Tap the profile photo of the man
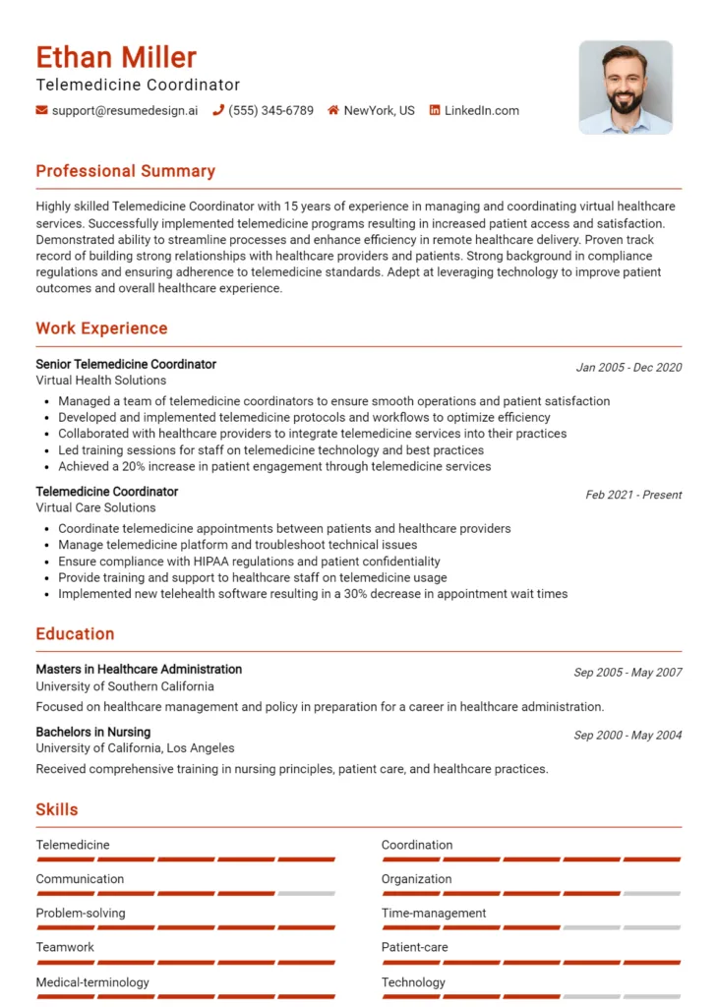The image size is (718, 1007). tap(625, 87)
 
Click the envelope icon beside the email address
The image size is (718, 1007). tap(41, 110)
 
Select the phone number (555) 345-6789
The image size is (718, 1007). tap(270, 110)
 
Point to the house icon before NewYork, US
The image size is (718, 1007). tap(333, 110)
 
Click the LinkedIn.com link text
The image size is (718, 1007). tap(481, 110)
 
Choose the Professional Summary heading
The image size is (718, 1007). tap(125, 171)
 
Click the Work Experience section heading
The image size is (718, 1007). tap(101, 328)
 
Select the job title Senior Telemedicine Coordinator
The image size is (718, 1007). tap(126, 364)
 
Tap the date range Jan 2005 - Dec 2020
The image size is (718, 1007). tap(628, 368)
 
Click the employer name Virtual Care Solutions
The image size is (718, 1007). tap(95, 507)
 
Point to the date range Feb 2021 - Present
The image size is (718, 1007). tap(633, 495)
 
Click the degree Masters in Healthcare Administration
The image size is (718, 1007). tap(139, 669)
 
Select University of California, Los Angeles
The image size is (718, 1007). tap(135, 748)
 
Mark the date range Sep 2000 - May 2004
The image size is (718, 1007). tap(628, 736)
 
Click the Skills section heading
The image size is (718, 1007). tap(57, 810)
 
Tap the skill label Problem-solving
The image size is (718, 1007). tap(81, 913)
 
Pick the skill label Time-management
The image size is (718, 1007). tap(434, 913)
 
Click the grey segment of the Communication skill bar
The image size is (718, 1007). tap(306, 894)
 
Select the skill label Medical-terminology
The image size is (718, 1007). tap(92, 981)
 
